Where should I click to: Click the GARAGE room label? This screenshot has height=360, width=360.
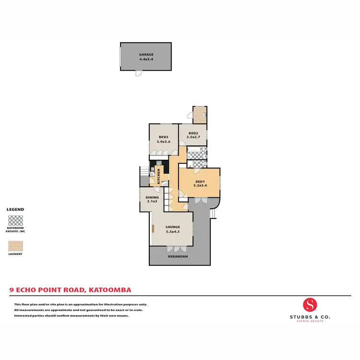[146, 55]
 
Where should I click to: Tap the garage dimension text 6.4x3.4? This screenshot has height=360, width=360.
[146, 60]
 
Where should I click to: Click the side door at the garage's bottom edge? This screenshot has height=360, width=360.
[138, 73]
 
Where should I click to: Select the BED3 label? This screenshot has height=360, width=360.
[163, 137]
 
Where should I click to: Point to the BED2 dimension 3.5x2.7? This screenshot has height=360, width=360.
[193, 137]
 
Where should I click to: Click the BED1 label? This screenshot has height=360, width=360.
[200, 181]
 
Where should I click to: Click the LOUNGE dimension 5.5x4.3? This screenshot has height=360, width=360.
[172, 232]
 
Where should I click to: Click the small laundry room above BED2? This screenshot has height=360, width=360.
[200, 114]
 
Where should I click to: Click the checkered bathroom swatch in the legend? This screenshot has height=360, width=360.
[15, 221]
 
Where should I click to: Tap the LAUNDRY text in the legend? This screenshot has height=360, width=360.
[15, 254]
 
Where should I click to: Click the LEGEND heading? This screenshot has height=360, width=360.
[15, 210]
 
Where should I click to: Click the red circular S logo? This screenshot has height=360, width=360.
[310, 304]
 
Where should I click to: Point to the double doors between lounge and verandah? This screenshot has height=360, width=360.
[174, 249]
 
